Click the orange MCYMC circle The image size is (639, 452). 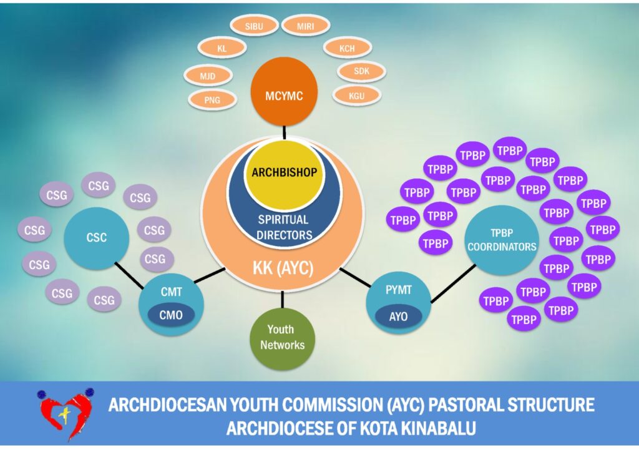[x=284, y=95]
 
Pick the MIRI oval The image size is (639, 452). [x=305, y=26]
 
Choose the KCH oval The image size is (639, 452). [x=347, y=47]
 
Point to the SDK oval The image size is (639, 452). [x=361, y=71]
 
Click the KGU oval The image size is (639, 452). [x=356, y=96]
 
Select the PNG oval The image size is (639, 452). [x=212, y=99]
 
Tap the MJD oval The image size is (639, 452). [x=208, y=76]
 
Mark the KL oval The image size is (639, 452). [x=222, y=47]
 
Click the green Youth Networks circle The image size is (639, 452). [x=281, y=337]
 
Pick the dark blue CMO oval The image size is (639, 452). [x=171, y=315]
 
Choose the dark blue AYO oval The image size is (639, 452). [x=398, y=317]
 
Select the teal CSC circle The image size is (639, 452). [x=97, y=238]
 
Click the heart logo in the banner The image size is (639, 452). [x=65, y=413]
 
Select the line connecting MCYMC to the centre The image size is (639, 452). [x=284, y=131]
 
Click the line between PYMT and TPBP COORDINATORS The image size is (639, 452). [x=452, y=285]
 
